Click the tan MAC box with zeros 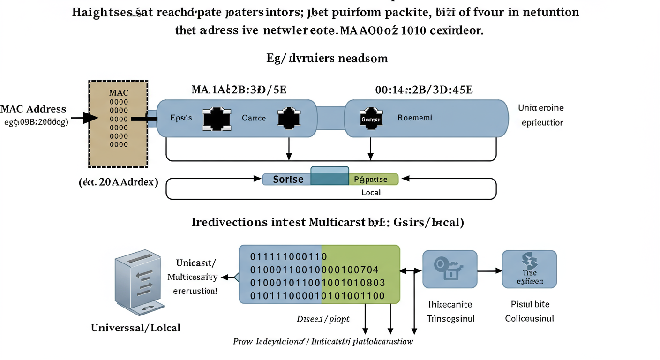[118, 124]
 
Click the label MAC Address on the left [33, 109]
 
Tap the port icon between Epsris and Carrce [217, 119]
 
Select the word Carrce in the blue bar [254, 118]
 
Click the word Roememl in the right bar [415, 118]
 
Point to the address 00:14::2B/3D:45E [424, 89]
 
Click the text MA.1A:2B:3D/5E [239, 89]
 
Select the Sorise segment [287, 180]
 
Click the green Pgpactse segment [373, 180]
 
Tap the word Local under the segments [371, 192]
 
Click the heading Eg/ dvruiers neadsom [327, 58]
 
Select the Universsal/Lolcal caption [136, 328]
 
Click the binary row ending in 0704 [315, 270]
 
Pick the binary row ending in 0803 [317, 283]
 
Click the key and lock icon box [450, 269]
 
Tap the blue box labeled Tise [529, 269]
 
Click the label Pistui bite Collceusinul [530, 311]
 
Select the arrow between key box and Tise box [489, 270]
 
